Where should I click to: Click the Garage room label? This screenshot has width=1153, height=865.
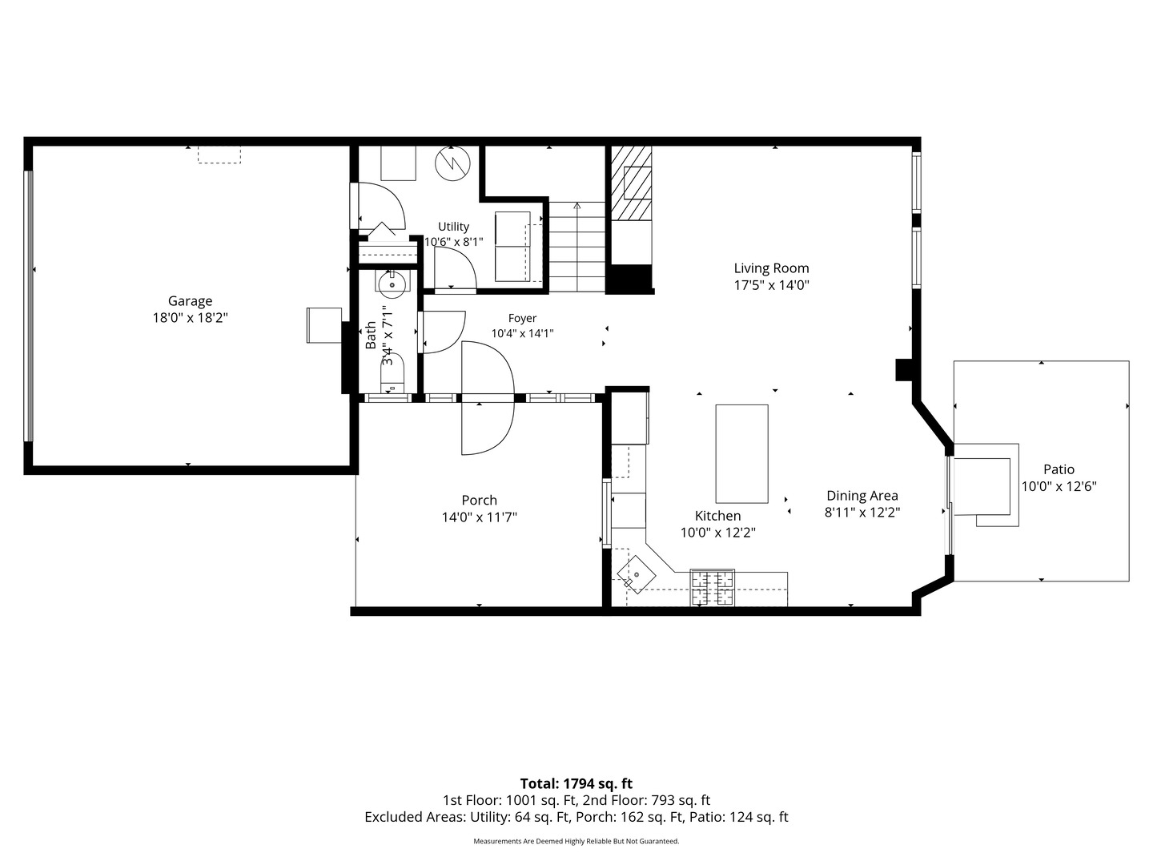(190, 301)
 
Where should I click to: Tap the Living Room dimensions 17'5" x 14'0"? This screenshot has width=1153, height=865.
(771, 285)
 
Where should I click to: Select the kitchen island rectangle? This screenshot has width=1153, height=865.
(741, 454)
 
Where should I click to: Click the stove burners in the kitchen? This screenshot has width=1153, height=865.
(712, 588)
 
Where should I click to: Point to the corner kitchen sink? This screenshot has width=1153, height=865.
(636, 574)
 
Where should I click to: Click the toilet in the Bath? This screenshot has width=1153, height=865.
(392, 373)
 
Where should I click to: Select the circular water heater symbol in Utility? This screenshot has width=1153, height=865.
(453, 164)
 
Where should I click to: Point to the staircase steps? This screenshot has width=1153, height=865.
(576, 247)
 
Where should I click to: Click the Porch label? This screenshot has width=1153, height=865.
(479, 500)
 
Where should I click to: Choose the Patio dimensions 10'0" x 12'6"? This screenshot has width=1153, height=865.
(1059, 486)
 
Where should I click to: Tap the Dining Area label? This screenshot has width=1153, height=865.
(862, 495)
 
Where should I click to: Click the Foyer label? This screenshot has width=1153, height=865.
(522, 318)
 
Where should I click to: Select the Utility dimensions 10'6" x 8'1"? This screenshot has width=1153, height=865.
(453, 242)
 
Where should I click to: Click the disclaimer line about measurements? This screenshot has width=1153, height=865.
(576, 841)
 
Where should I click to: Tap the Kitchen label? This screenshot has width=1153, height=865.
(717, 516)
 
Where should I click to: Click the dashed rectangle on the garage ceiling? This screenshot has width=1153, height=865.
(219, 155)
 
